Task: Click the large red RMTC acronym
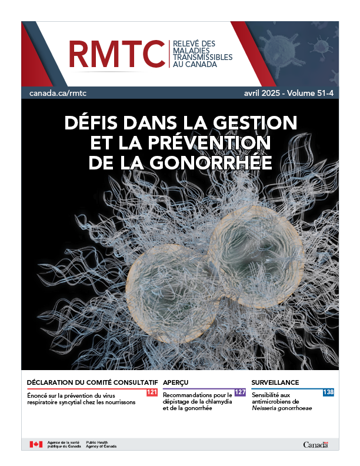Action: click(116, 54)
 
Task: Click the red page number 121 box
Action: click(151, 392)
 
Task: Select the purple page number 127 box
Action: click(239, 392)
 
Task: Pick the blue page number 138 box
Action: click(328, 392)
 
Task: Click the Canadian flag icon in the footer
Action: click(36, 444)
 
